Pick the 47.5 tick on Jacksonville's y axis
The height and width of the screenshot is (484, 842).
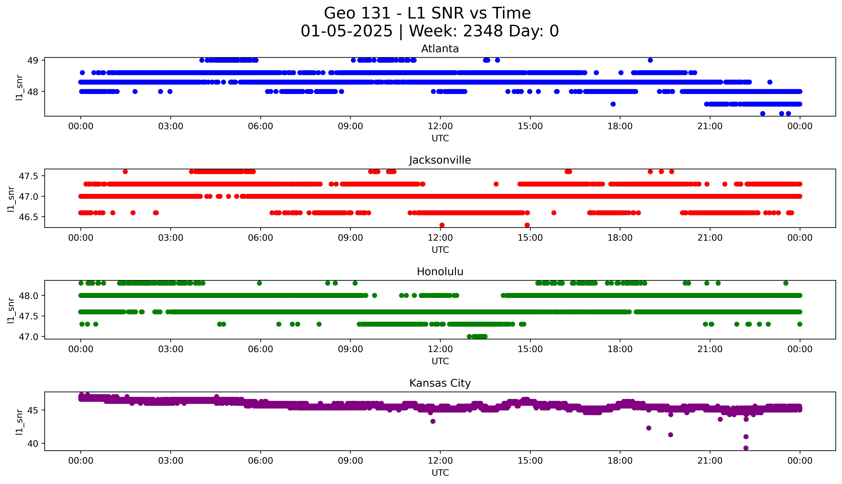click(x=29, y=176)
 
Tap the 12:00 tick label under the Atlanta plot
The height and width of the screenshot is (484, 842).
click(x=440, y=126)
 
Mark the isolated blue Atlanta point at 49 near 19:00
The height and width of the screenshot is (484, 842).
click(x=650, y=60)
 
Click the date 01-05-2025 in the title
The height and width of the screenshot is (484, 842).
click(x=346, y=31)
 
